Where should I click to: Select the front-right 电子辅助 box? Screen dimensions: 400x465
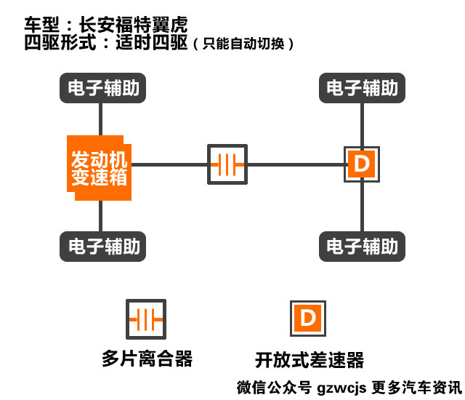pyautogui.click(x=362, y=89)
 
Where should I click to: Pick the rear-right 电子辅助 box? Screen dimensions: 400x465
pyautogui.click(x=362, y=246)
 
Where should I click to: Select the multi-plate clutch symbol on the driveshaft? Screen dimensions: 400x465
pyautogui.click(x=227, y=164)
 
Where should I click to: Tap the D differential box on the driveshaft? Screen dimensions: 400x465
pyautogui.click(x=361, y=164)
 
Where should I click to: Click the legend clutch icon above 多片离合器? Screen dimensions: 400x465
pyautogui.click(x=147, y=319)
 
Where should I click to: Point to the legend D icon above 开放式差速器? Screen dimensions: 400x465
pyautogui.click(x=308, y=319)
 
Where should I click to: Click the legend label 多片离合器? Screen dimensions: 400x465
pyautogui.click(x=147, y=359)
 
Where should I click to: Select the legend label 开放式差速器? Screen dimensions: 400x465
pyautogui.click(x=310, y=359)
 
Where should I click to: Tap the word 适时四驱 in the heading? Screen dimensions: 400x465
pyautogui.click(x=153, y=41)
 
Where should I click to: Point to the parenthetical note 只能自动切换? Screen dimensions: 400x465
pyautogui.click(x=244, y=44)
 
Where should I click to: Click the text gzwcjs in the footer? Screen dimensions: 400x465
pyautogui.click(x=341, y=387)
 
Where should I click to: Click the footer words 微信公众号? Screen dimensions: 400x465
pyautogui.click(x=275, y=387)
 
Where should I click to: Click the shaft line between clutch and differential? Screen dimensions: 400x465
pyautogui.click(x=295, y=164)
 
